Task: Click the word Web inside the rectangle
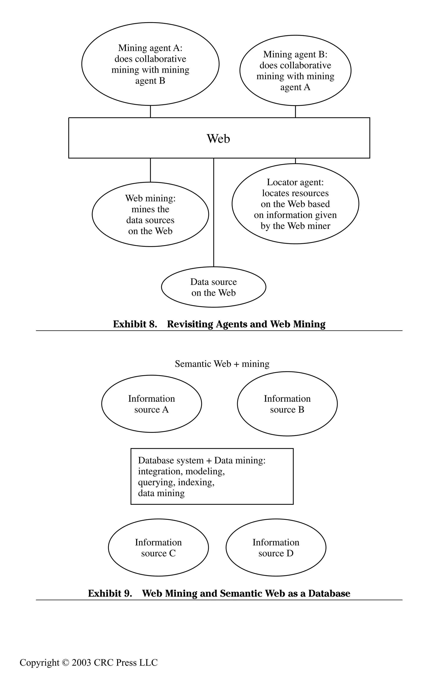coord(218,139)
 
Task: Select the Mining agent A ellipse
coord(150,64)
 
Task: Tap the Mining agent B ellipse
coord(295,71)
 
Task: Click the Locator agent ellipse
coord(295,204)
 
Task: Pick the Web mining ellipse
coord(150,214)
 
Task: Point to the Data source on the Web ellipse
coord(213,287)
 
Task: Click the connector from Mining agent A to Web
coord(150,111)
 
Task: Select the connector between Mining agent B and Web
coord(295,111)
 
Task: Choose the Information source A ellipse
coord(151,404)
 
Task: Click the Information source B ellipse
coord(287,404)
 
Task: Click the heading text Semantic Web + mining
coord(222,364)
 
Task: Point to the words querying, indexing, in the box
coord(176,482)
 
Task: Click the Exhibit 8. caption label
coord(135,324)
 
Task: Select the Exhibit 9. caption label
coord(110,593)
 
